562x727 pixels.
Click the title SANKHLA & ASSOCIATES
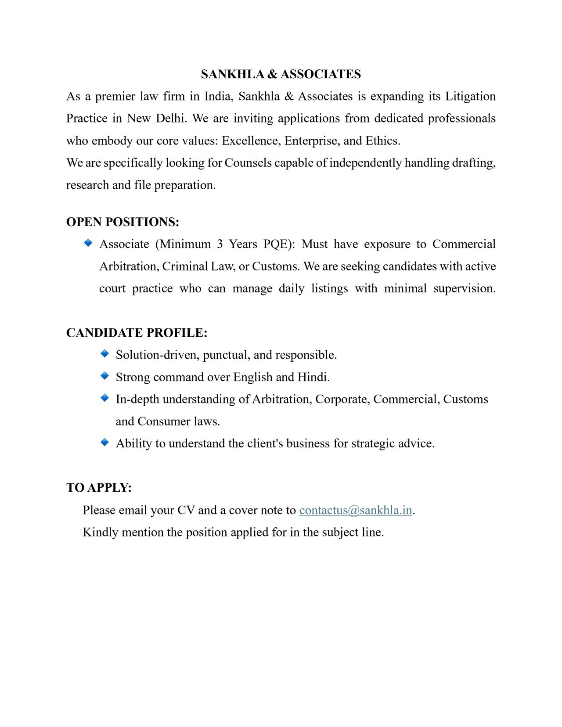pyautogui.click(x=281, y=74)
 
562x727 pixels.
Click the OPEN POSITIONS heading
pyautogui.click(x=122, y=222)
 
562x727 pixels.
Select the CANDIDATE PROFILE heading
pyautogui.click(x=137, y=333)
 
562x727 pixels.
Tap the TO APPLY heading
pyautogui.click(x=99, y=488)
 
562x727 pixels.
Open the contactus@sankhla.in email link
pyautogui.click(x=355, y=510)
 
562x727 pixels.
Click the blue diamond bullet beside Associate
pyautogui.click(x=88, y=243)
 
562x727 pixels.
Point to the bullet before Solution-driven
pyautogui.click(x=104, y=353)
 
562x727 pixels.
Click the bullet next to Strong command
pyautogui.click(x=104, y=376)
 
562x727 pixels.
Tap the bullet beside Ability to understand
pyautogui.click(x=104, y=442)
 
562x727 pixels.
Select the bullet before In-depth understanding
pyautogui.click(x=104, y=398)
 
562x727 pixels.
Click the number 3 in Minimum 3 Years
pyautogui.click(x=220, y=244)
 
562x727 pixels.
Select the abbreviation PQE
pyautogui.click(x=279, y=244)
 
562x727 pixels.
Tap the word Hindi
pyautogui.click(x=313, y=377)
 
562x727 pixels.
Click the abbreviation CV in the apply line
pyautogui.click(x=186, y=510)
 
